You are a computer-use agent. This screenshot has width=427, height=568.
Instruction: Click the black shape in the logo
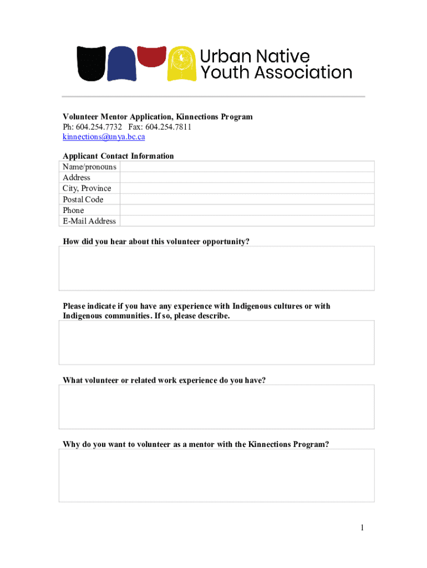[x=90, y=63]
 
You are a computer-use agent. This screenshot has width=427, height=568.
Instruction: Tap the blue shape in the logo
[x=121, y=64]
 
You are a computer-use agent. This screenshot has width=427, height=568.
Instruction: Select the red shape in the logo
[x=151, y=56]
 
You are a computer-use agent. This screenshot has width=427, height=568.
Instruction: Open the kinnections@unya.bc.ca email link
[x=104, y=136]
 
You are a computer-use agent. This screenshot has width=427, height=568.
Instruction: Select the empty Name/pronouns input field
[x=247, y=167]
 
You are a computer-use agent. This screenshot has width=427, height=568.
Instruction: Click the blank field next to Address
[x=247, y=177]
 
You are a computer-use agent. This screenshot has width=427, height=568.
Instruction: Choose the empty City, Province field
[x=247, y=189]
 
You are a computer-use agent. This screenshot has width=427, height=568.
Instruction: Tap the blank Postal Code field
[x=247, y=199]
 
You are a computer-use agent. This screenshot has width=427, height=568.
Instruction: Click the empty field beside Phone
[x=247, y=210]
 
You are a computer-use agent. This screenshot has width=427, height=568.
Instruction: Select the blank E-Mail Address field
[x=247, y=221]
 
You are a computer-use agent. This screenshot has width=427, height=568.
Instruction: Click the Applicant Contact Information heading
[x=118, y=156]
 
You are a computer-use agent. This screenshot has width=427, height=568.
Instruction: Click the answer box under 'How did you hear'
[x=216, y=268]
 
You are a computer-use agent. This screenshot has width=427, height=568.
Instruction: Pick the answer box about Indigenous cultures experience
[x=216, y=342]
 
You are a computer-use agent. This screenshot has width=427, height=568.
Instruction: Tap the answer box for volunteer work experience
[x=216, y=407]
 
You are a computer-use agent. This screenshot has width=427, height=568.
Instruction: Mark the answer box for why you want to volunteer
[x=216, y=475]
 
